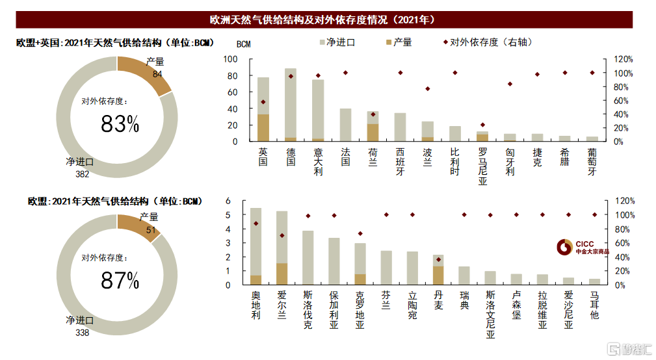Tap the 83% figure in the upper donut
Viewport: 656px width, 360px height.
pos(120,123)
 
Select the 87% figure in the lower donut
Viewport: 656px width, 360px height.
pos(120,280)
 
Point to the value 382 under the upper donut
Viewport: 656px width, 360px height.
pos(81,174)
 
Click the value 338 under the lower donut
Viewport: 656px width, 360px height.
pos(81,332)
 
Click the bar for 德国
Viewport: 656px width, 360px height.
pos(291,104)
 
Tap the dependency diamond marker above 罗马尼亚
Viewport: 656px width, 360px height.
pos(482,125)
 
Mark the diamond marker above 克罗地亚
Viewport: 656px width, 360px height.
pos(360,233)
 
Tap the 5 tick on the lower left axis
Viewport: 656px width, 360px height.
pos(246,215)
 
